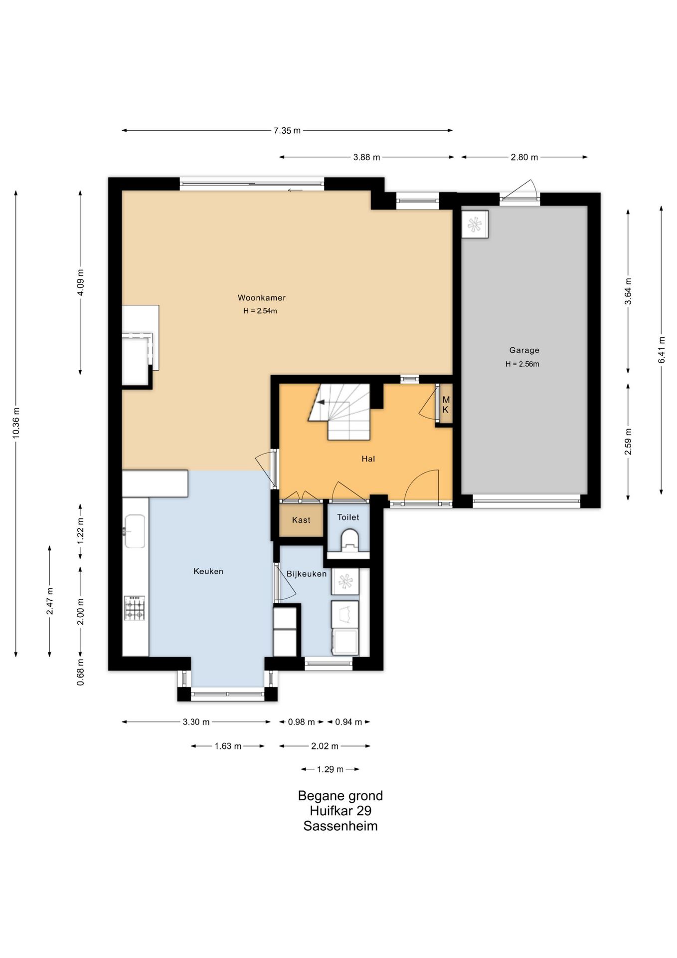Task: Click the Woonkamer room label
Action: (x=261, y=298)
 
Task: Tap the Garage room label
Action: (x=524, y=350)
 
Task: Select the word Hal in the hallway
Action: (x=368, y=459)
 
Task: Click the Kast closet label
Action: (x=301, y=520)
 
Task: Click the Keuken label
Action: (x=208, y=571)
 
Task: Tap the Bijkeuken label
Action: (x=307, y=574)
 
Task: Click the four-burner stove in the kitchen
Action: (x=135, y=608)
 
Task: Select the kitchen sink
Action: (x=135, y=531)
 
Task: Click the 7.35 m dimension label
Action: (x=287, y=131)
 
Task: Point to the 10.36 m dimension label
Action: (x=16, y=424)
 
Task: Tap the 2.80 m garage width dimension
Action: (x=524, y=157)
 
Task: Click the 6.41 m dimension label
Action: (x=662, y=350)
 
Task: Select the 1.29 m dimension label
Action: (x=330, y=769)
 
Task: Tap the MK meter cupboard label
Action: (x=446, y=405)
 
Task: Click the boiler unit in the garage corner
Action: (x=475, y=224)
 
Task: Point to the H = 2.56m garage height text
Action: (x=522, y=364)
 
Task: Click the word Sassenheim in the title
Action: (x=340, y=826)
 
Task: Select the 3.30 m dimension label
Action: (x=196, y=722)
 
